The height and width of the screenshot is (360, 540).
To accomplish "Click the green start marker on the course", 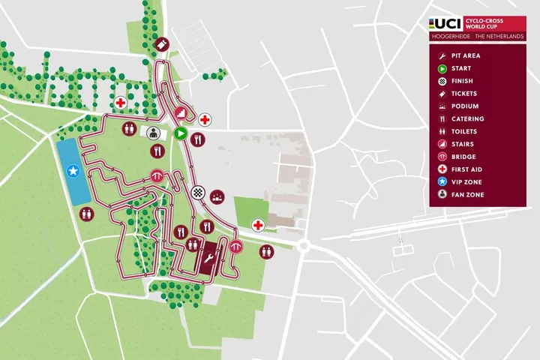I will pyautogui.click(x=180, y=133).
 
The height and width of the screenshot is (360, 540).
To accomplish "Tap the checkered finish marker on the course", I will pyautogui.click(x=198, y=192).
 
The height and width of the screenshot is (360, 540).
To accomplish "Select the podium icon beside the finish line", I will pyautogui.click(x=217, y=197).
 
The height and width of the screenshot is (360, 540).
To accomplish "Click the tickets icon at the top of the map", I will pyautogui.click(x=161, y=45).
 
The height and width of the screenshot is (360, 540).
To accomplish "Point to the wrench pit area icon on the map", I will pyautogui.click(x=209, y=257).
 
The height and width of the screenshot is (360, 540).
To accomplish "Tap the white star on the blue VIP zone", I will pyautogui.click(x=73, y=172).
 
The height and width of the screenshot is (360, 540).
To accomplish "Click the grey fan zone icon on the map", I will pyautogui.click(x=154, y=133).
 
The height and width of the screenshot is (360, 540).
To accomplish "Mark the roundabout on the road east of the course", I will pyautogui.click(x=304, y=246).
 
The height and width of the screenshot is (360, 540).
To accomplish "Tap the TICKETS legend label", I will pyautogui.click(x=464, y=94).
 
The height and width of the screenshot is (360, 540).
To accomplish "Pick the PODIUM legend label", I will pyautogui.click(x=465, y=106).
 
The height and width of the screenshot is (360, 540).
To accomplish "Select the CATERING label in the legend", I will pyautogui.click(x=467, y=119).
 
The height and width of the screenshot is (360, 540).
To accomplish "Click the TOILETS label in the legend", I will pyautogui.click(x=465, y=132).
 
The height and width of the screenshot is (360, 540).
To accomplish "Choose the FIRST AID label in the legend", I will pyautogui.click(x=466, y=169).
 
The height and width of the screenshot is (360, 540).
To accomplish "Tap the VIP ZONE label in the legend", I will pyautogui.click(x=466, y=182).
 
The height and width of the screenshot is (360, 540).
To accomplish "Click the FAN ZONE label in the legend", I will pyautogui.click(x=467, y=195).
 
